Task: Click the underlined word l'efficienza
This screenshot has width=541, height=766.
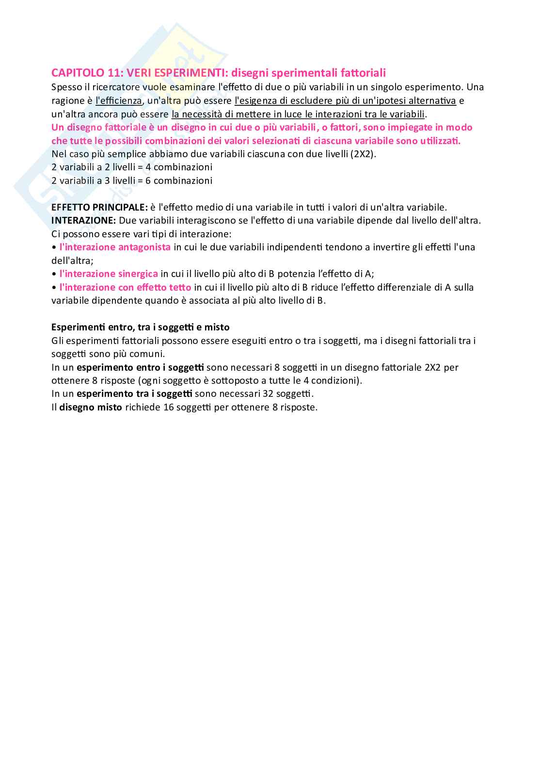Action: point(119,101)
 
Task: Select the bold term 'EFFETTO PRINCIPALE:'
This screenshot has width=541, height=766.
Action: point(99,207)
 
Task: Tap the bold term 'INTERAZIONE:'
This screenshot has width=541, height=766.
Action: point(83,220)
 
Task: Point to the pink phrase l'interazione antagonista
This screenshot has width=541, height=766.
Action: point(115,247)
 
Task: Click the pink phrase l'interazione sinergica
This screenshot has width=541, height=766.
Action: point(109,274)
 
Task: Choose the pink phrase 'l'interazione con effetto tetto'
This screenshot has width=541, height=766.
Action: point(125,287)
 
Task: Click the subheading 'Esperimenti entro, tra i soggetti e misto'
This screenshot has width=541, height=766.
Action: point(141,327)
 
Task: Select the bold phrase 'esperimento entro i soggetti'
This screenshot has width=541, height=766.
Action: point(140,367)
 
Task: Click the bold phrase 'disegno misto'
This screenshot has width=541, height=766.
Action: point(91,407)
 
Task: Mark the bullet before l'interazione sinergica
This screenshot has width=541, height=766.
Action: point(54,274)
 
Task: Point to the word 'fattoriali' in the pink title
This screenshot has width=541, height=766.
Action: point(363,73)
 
